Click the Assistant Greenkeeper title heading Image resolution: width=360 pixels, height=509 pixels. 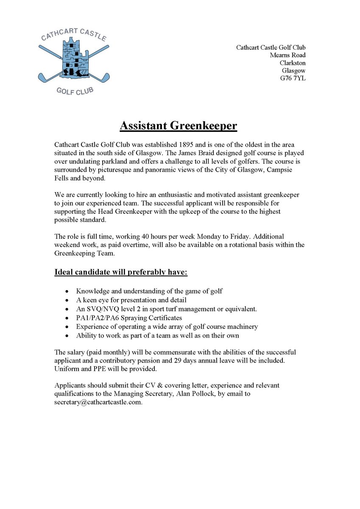coord(178,126)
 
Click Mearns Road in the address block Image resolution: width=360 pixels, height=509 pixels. coord(287,55)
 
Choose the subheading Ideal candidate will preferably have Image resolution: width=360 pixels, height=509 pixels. coord(121,272)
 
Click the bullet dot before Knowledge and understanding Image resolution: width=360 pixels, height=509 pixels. coord(67,291)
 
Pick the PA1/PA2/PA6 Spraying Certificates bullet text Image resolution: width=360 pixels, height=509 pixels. coord(129,317)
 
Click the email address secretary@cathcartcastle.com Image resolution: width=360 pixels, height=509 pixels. coord(98,402)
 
